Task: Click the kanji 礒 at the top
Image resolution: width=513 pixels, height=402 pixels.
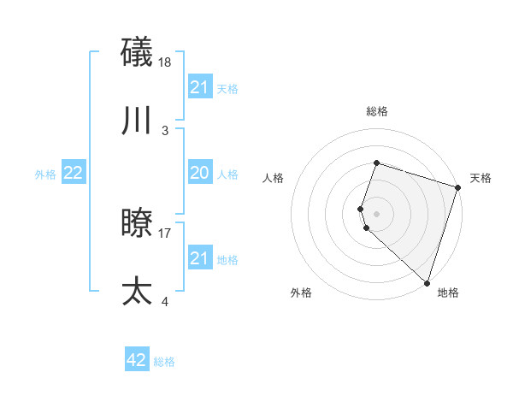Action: [138, 52]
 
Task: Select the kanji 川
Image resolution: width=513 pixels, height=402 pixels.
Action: [138, 121]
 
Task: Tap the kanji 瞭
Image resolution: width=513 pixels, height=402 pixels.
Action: [138, 223]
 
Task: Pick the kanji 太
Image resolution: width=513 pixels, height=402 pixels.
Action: [138, 291]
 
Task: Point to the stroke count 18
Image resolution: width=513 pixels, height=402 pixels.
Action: [166, 62]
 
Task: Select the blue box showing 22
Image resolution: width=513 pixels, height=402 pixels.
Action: [74, 174]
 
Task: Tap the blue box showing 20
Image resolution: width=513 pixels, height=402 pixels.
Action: [199, 174]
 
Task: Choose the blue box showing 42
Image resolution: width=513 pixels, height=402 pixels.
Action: [137, 360]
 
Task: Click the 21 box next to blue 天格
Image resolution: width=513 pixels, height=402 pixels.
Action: [199, 87]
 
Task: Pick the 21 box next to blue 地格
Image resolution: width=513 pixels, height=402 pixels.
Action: [199, 258]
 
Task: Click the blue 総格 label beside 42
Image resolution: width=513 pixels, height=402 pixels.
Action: [164, 362]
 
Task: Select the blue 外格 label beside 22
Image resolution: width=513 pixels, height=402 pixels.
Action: [45, 174]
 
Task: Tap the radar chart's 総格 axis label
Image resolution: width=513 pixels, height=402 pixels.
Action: [376, 111]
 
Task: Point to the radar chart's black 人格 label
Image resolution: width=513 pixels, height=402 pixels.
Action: [274, 178]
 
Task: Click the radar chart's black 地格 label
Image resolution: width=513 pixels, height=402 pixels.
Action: [448, 293]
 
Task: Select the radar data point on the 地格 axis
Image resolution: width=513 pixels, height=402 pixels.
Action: [427, 282]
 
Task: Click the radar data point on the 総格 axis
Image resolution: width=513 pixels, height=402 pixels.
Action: [376, 163]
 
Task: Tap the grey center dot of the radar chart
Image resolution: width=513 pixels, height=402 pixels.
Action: [376, 214]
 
